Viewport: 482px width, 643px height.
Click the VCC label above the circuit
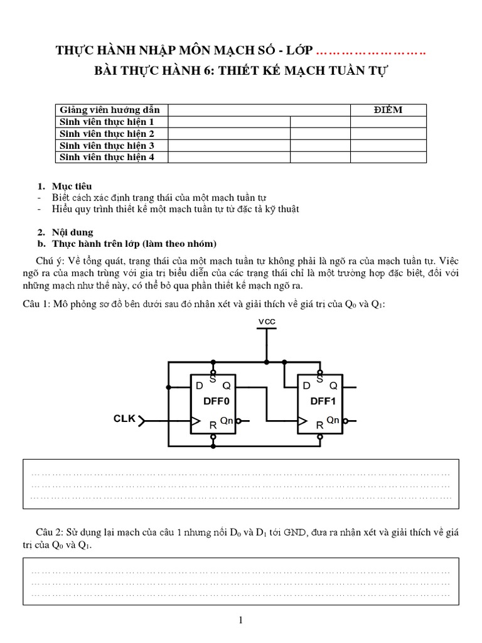click(x=267, y=321)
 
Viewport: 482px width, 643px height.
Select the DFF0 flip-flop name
click(x=213, y=401)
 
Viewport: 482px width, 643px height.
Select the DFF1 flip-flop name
click(x=320, y=401)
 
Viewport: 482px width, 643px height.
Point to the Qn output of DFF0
click(x=227, y=420)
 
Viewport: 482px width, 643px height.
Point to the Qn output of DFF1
click(x=333, y=420)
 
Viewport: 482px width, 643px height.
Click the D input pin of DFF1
click(x=306, y=386)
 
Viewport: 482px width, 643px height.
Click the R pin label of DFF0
click(x=213, y=425)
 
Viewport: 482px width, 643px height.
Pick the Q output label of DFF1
click(x=333, y=386)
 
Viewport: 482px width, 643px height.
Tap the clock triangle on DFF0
click(x=195, y=421)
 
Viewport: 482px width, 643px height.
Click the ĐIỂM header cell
click(x=388, y=110)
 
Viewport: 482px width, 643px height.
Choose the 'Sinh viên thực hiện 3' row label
click(x=107, y=146)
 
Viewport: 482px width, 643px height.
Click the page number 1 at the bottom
click(x=240, y=620)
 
